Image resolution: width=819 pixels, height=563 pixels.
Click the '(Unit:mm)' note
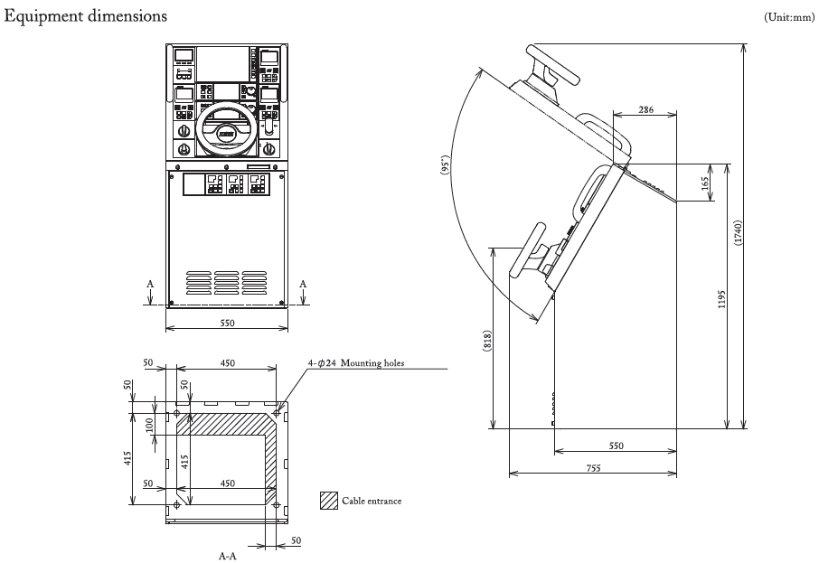[x=789, y=17]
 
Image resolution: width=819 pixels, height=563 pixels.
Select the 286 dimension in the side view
[x=645, y=109]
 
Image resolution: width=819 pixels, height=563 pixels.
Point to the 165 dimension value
[x=708, y=183]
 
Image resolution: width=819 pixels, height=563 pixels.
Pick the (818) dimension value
[x=487, y=339]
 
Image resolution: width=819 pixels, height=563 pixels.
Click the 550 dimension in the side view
[x=617, y=446]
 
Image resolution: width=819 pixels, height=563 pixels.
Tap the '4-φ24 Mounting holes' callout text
[x=355, y=363]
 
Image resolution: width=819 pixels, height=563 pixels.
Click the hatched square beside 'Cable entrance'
[x=328, y=499]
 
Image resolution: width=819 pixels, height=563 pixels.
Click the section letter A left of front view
[x=150, y=283]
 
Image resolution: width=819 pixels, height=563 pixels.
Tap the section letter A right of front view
[x=304, y=283]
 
